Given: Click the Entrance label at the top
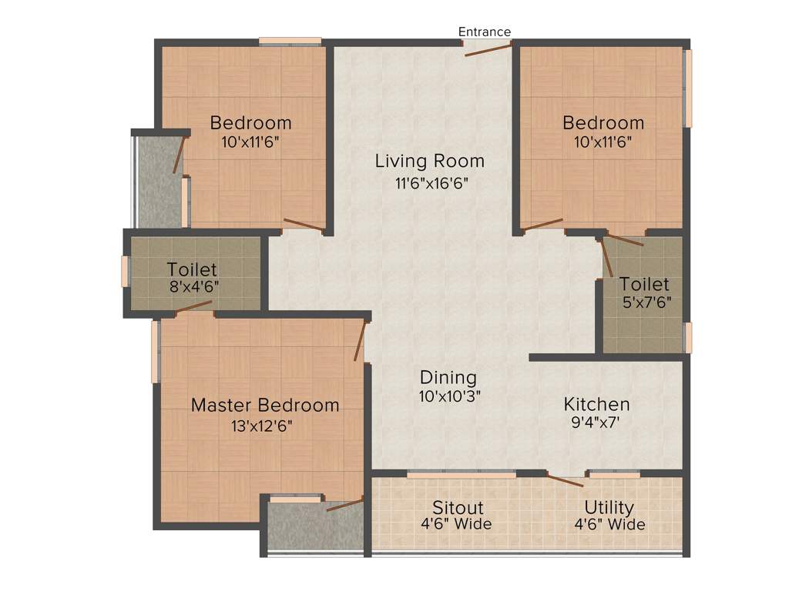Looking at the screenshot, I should [x=484, y=32].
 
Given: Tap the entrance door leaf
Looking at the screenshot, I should [x=488, y=50].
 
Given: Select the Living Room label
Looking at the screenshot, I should [x=429, y=161].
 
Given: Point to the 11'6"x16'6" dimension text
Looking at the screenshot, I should [x=431, y=183].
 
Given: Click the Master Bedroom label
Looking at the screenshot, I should [x=264, y=405].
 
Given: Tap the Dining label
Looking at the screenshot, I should [x=448, y=378].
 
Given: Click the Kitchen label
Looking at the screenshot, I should [x=596, y=404].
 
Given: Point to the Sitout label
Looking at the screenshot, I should [x=457, y=508].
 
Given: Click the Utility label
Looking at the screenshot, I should [x=609, y=508].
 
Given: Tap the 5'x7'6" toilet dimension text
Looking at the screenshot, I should [x=646, y=302].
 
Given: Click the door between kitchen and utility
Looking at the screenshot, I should [x=566, y=480].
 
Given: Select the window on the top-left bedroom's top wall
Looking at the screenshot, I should [x=290, y=42].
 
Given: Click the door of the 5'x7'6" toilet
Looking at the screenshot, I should [x=607, y=258].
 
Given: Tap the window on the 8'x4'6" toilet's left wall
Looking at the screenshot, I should [x=125, y=272].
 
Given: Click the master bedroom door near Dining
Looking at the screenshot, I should [x=360, y=341].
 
